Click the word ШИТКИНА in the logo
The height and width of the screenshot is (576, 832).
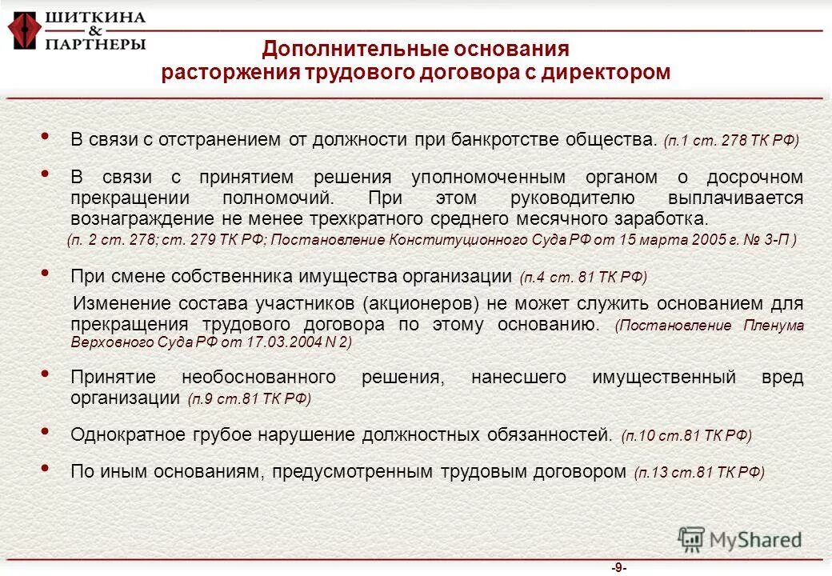click(95, 17)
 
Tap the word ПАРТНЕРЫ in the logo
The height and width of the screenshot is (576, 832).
click(95, 44)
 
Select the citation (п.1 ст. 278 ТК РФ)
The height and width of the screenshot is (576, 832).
click(731, 140)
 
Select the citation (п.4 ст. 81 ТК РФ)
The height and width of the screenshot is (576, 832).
click(582, 278)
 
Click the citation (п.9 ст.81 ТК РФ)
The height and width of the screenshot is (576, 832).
click(249, 398)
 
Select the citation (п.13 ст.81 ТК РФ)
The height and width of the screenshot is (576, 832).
click(698, 472)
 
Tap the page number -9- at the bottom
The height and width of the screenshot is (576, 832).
click(618, 568)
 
